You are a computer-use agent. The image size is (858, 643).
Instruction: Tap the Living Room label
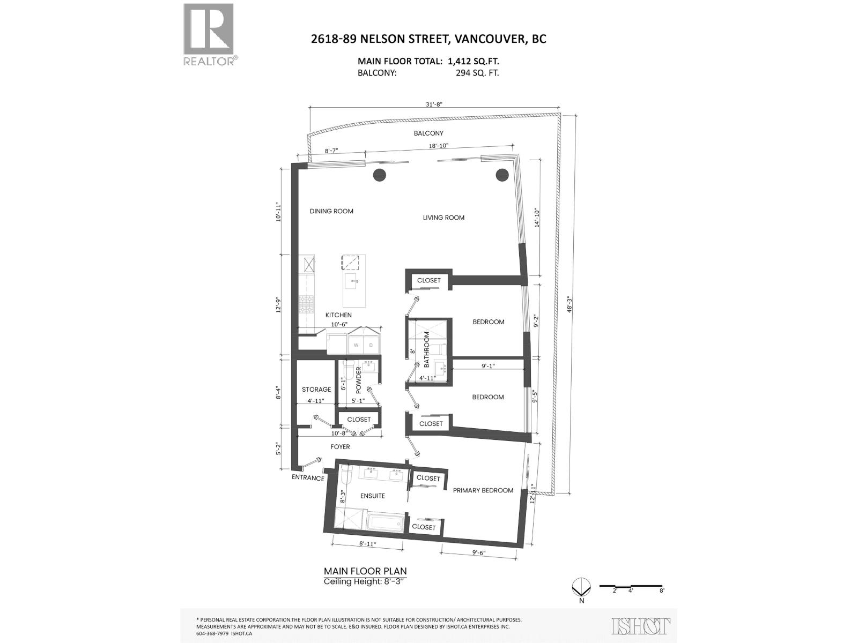443,218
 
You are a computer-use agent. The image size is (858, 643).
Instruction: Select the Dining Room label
331,211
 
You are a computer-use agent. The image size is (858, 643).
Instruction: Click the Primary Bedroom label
483,490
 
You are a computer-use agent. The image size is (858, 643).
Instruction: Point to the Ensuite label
373,496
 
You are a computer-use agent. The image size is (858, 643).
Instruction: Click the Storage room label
316,390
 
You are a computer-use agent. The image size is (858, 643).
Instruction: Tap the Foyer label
340,446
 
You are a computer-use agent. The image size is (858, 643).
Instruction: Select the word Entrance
308,478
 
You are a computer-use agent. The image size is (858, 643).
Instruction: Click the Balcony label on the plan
428,133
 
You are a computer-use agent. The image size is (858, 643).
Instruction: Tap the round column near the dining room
380,175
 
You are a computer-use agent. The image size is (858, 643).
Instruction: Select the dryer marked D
371,345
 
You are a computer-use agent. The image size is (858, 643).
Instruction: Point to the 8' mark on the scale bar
662,590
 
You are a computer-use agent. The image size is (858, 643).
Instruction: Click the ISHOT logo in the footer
641,625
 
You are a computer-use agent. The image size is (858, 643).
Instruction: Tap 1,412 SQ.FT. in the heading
474,61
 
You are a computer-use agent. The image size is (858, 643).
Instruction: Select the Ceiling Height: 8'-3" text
365,581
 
